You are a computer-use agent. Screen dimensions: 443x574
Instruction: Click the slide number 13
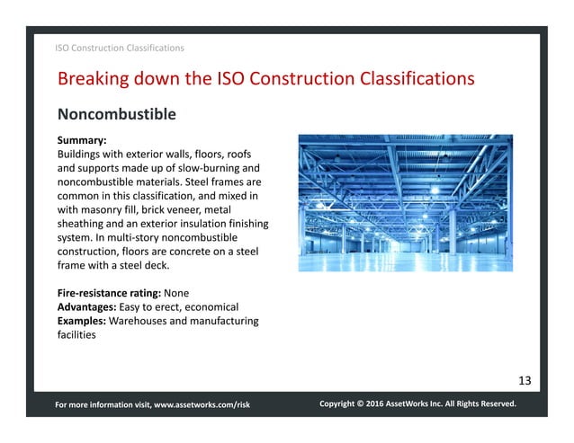(525, 380)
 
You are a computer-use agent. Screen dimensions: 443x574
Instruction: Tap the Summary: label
(82, 141)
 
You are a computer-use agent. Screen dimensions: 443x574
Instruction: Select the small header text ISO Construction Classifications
(120, 48)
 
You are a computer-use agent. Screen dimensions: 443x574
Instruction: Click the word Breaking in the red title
(94, 79)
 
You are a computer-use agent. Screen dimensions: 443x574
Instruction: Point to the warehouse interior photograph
(405, 203)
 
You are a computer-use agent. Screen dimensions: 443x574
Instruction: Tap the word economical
(215, 306)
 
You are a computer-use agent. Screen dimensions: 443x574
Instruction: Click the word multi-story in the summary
(126, 237)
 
